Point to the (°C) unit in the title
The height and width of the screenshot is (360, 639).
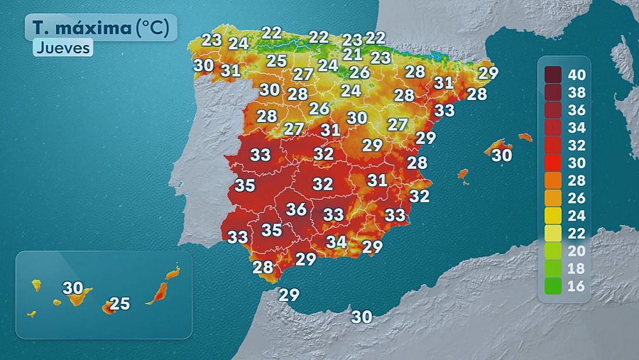pos(153,28)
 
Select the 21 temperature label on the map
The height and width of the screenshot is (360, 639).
pos(353,54)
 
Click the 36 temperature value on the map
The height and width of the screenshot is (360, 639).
pos(296,209)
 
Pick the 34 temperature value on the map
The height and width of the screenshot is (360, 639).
pos(337,241)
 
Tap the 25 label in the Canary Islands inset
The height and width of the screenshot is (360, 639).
pos(120,304)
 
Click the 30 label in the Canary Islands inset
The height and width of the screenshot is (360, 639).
pos(72,288)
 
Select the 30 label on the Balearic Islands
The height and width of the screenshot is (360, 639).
pos(502,154)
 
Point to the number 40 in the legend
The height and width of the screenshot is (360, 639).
pos(578,73)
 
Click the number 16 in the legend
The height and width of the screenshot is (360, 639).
pos(578,288)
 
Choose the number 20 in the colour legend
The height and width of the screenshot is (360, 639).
pos(578,252)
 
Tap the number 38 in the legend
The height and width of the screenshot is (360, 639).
pos(578,91)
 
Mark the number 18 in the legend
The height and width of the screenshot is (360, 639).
pos(578,270)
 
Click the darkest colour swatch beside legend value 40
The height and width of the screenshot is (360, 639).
pos(554,73)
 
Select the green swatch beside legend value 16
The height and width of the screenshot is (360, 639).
pos(554,288)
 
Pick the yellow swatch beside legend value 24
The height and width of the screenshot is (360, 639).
pos(554,216)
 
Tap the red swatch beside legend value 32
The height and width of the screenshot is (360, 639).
pos(554,145)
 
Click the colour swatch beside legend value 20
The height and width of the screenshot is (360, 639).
pos(554,252)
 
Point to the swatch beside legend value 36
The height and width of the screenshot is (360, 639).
pos(554,109)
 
